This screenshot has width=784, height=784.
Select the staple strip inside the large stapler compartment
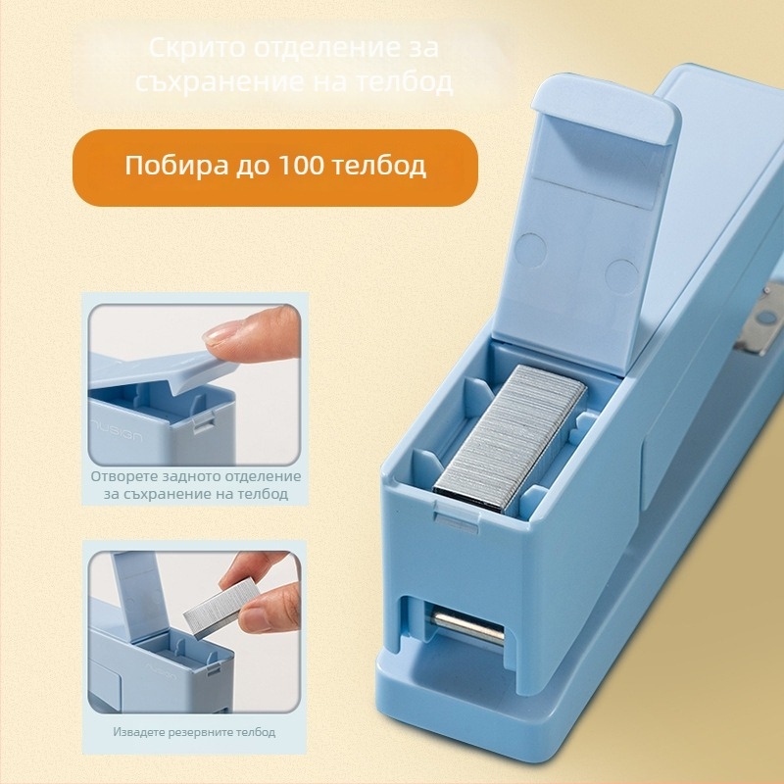coord(511,437)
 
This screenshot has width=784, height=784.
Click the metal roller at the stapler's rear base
coord(467,625)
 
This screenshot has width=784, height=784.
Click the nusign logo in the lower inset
coord(161,671)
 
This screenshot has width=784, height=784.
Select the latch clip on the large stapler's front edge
coord(456,514)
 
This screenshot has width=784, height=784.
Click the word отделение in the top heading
coord(325,48)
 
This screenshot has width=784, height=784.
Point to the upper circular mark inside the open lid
coord(530,249)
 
